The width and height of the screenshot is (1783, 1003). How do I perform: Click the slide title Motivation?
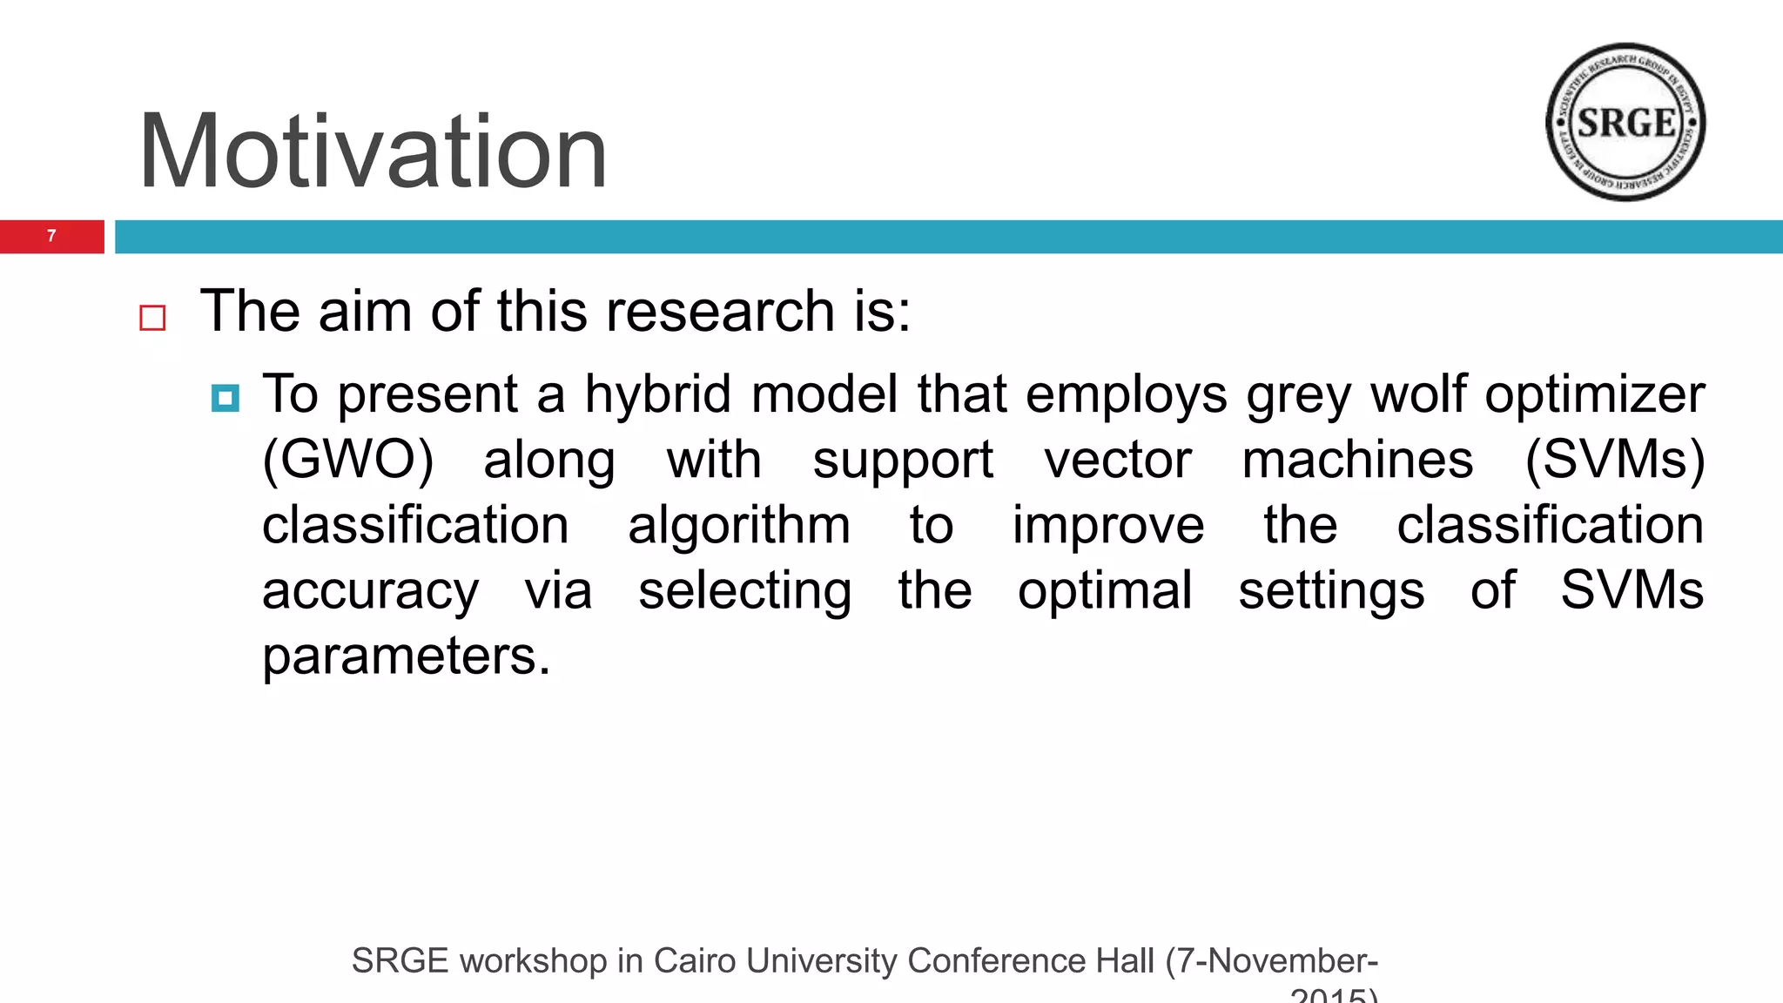pyautogui.click(x=373, y=152)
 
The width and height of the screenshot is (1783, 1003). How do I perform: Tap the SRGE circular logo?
pyautogui.click(x=1625, y=123)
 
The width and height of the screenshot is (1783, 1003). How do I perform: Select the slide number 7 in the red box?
pyautogui.click(x=51, y=236)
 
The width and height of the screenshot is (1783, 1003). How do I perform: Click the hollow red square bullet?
pyautogui.click(x=152, y=318)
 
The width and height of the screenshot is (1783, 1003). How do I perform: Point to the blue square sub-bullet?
pyautogui.click(x=225, y=398)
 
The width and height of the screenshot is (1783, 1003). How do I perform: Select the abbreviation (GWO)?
pyautogui.click(x=347, y=460)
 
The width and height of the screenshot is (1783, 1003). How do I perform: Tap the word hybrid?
pyautogui.click(x=657, y=394)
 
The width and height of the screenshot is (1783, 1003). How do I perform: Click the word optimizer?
pyautogui.click(x=1594, y=395)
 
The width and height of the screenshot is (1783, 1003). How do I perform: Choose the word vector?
pyautogui.click(x=1118, y=460)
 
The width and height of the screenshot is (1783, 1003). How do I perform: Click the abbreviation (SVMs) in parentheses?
pyautogui.click(x=1614, y=460)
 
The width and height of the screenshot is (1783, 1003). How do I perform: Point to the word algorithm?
pyautogui.click(x=739, y=526)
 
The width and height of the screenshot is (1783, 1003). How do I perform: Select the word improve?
pyautogui.click(x=1108, y=526)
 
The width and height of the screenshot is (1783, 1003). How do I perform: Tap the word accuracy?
pyautogui.click(x=370, y=592)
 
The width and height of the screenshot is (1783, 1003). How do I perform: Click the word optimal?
pyautogui.click(x=1105, y=590)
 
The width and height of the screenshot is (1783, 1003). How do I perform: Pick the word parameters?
pyautogui.click(x=407, y=656)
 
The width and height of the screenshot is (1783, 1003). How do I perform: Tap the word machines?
pyautogui.click(x=1357, y=460)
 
